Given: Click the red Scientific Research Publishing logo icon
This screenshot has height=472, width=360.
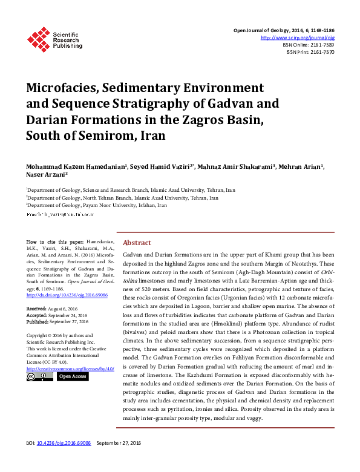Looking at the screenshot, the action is point(39,39).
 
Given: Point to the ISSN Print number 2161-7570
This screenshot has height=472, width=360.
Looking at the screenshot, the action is point(321,52).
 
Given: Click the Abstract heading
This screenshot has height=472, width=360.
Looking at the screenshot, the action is point(137,243).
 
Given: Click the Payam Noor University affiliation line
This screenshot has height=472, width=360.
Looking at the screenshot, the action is point(97,205).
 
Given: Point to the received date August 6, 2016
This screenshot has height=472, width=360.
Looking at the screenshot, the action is point(68,309).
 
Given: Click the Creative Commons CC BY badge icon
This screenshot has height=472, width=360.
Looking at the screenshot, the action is point(39,376).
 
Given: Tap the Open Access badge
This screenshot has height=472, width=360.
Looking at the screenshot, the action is point(73,376).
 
